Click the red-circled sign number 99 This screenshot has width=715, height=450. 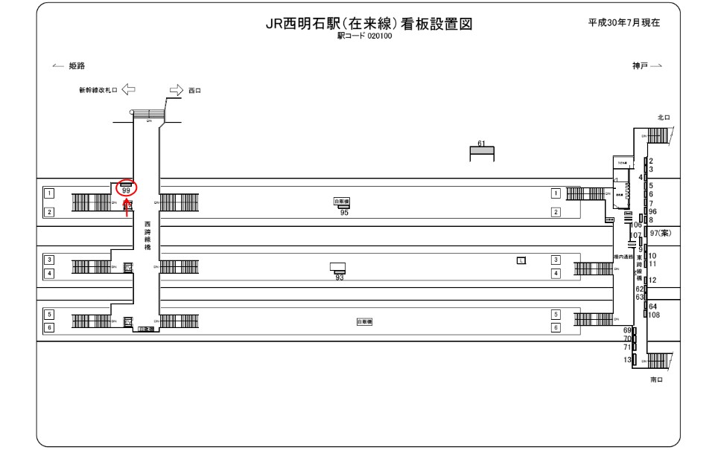pyautogui.click(x=127, y=190)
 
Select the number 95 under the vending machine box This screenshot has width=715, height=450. pyautogui.click(x=343, y=213)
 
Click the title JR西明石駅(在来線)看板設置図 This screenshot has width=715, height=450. pyautogui.click(x=369, y=24)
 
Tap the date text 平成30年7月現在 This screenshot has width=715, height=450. pyautogui.click(x=623, y=22)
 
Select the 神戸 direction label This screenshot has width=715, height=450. pyautogui.click(x=640, y=66)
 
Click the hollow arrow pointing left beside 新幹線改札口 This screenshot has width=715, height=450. pyautogui.click(x=128, y=90)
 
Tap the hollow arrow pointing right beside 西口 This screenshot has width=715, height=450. pyautogui.click(x=176, y=90)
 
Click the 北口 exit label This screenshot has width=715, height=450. pyautogui.click(x=664, y=118)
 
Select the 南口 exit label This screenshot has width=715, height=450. pyautogui.click(x=656, y=379)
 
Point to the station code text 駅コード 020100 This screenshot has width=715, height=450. pyautogui.click(x=365, y=36)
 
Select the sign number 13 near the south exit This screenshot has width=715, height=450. pyautogui.click(x=627, y=360)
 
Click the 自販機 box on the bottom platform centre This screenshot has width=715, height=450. pyautogui.click(x=364, y=321)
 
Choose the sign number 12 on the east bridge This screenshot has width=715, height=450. pyautogui.click(x=652, y=280)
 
